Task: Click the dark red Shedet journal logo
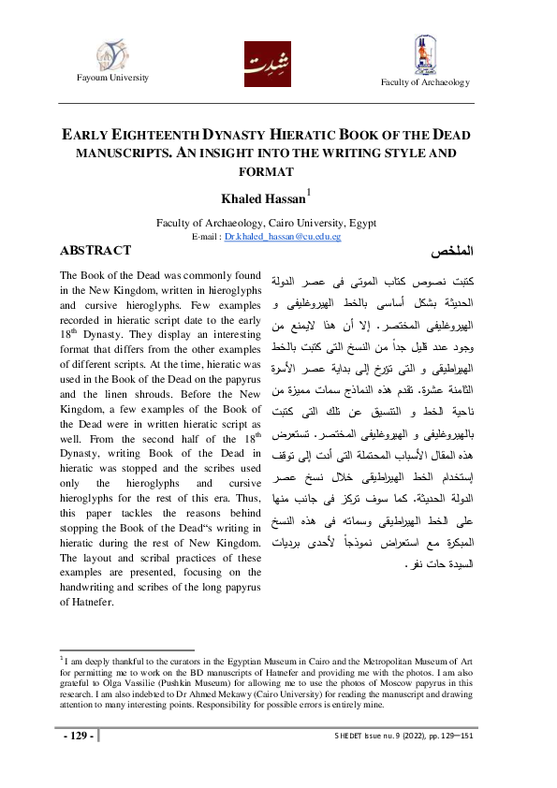tap(267, 64)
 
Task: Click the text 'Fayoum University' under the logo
tap(111, 77)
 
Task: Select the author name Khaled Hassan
tap(256, 199)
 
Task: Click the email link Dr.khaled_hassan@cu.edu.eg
tap(283, 238)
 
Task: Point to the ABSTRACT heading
tap(95, 252)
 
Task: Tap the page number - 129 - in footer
tap(78, 736)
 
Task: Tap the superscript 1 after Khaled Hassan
tap(311, 192)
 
